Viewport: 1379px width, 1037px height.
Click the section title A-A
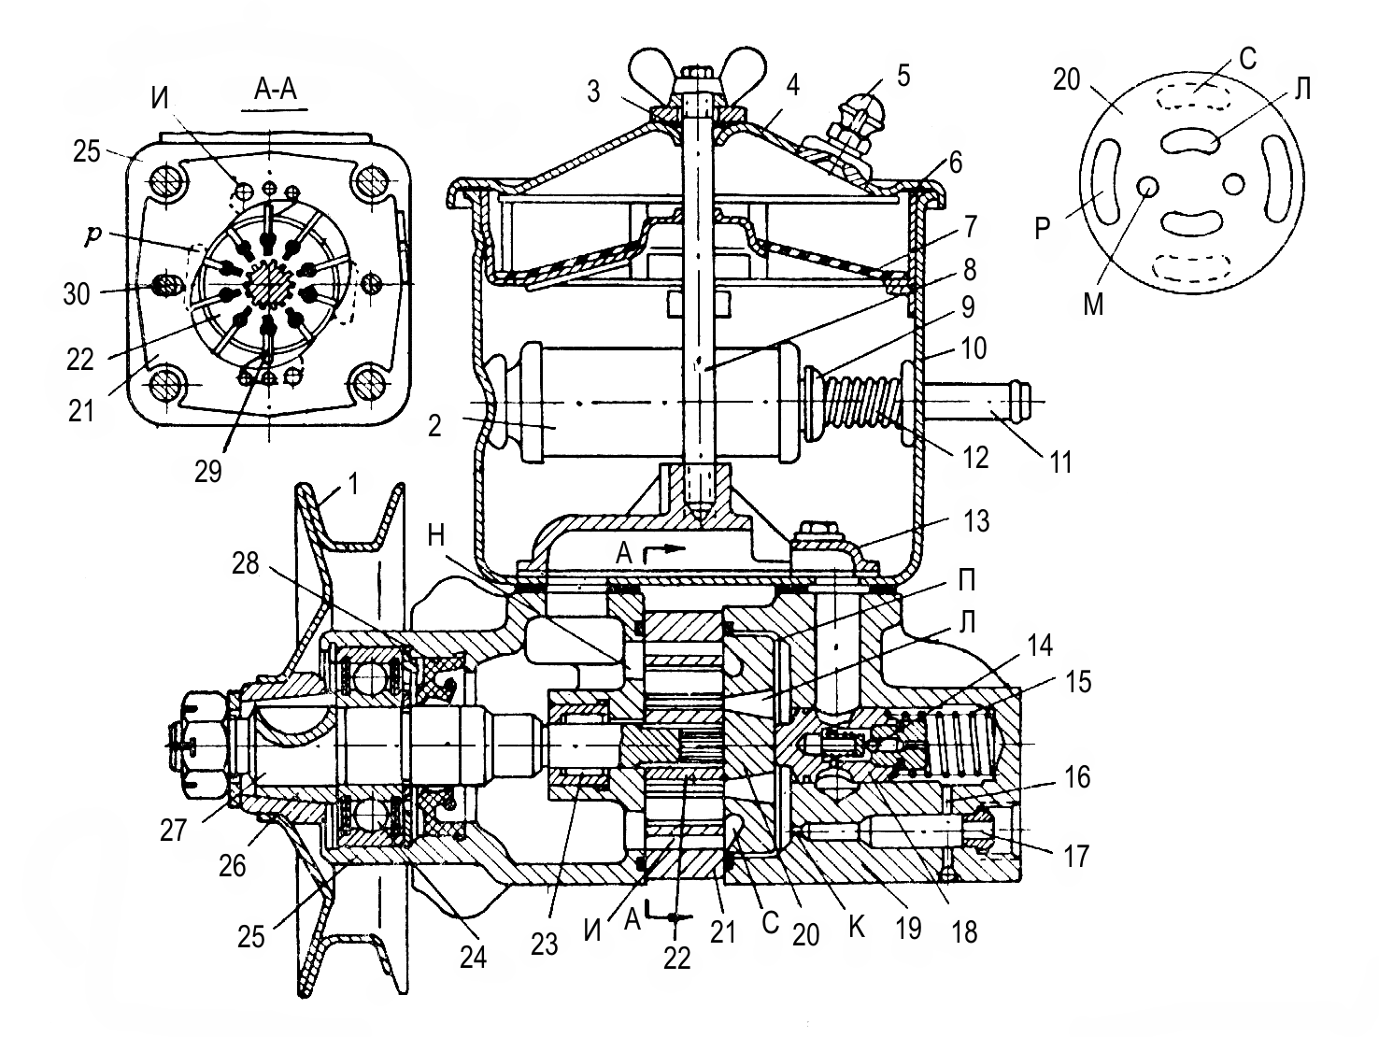click(x=276, y=89)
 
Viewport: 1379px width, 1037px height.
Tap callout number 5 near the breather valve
click(x=903, y=75)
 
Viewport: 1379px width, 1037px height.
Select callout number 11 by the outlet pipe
click(x=1060, y=462)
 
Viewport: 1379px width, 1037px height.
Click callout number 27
click(x=174, y=830)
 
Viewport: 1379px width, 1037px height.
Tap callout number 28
click(x=245, y=563)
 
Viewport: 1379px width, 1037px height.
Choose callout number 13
click(x=976, y=520)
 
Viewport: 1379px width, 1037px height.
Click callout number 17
click(x=1076, y=856)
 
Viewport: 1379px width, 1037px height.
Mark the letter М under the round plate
click(x=1094, y=305)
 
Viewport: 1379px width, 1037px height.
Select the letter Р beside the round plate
click(x=1043, y=230)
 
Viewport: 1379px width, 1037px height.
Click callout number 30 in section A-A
click(x=77, y=294)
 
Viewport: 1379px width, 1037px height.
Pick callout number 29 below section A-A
click(x=208, y=471)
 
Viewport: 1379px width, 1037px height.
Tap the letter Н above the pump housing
click(x=436, y=535)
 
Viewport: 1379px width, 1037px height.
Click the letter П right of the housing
click(x=967, y=581)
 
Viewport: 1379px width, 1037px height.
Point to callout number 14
click(x=1039, y=645)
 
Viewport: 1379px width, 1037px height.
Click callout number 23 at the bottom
click(x=544, y=944)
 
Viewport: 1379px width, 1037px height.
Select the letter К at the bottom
click(x=857, y=927)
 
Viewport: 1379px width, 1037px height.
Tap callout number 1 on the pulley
click(x=353, y=485)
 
